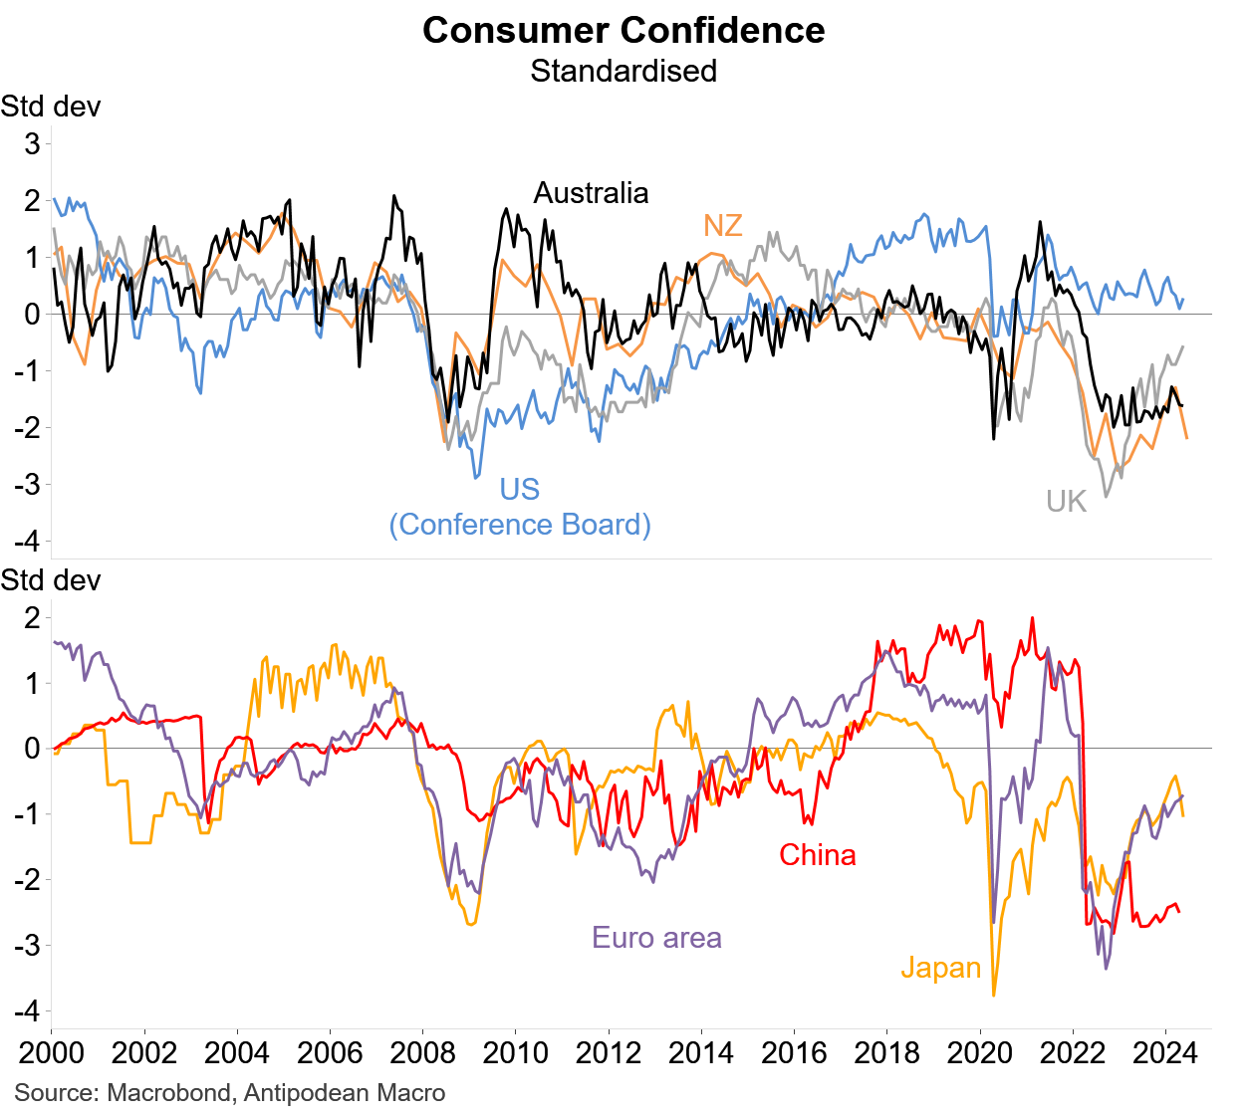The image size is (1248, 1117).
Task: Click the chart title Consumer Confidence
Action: coord(624,30)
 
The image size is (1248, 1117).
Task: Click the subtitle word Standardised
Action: coord(624,71)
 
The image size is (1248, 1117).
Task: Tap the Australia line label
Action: coord(591,192)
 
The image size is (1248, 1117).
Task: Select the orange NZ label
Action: coord(723,225)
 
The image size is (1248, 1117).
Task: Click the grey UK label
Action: coord(1066,501)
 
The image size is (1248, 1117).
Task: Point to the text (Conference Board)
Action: coord(520,525)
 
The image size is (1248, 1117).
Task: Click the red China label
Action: coord(817,854)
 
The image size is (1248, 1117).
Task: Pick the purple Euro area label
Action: coord(656,937)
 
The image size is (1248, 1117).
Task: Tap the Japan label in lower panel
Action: coord(941,968)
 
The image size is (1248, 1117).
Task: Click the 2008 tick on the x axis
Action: coord(422,1052)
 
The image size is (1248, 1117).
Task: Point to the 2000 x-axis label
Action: coord(51,1052)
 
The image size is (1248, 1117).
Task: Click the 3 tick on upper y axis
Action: coord(33,143)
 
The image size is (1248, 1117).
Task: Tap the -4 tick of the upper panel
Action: coord(27,542)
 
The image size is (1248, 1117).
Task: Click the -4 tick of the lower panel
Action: coord(27,1010)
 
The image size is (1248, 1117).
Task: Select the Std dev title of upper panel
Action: coord(51,107)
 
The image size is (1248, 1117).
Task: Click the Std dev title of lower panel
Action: coord(51,580)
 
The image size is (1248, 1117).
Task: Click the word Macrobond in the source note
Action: coord(167,1093)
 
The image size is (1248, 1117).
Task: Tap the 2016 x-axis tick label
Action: coord(794,1052)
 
